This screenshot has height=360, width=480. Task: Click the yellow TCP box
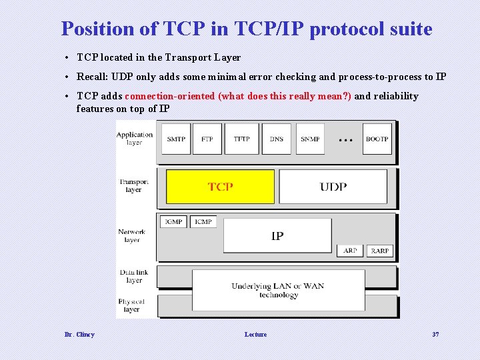pyautogui.click(x=220, y=187)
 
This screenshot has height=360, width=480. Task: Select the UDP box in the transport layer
pyautogui.click(x=333, y=187)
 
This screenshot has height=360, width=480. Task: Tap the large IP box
pyautogui.click(x=277, y=236)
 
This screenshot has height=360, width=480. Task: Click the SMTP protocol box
pyautogui.click(x=176, y=139)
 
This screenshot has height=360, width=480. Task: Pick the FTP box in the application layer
pyautogui.click(x=207, y=139)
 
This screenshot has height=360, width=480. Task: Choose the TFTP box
pyautogui.click(x=241, y=139)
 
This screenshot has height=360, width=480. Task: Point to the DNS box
pyautogui.click(x=276, y=139)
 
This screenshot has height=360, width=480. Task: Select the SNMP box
pyautogui.click(x=310, y=139)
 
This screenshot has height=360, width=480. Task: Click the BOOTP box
pyautogui.click(x=377, y=139)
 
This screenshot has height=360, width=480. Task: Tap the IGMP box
pyautogui.click(x=173, y=221)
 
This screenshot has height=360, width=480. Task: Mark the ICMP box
pyautogui.click(x=203, y=221)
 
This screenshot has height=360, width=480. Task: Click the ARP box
pyautogui.click(x=350, y=251)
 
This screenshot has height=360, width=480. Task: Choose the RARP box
pyautogui.click(x=379, y=251)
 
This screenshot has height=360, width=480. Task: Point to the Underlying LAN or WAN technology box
pyautogui.click(x=278, y=290)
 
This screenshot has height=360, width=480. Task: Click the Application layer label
pyautogui.click(x=134, y=139)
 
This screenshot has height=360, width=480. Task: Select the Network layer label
pyautogui.click(x=132, y=236)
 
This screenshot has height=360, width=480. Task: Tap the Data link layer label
pyautogui.click(x=134, y=276)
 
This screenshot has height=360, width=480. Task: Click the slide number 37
pyautogui.click(x=435, y=334)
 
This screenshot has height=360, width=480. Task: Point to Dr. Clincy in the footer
pyautogui.click(x=79, y=334)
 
